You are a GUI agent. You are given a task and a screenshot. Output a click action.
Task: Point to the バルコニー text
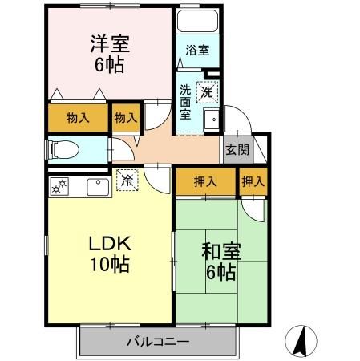[x=157, y=343]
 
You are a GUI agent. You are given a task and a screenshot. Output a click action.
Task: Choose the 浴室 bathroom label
[x=196, y=51]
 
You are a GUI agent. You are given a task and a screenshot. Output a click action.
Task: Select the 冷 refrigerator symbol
[x=127, y=180]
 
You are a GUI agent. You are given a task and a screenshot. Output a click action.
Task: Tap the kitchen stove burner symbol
[x=59, y=188]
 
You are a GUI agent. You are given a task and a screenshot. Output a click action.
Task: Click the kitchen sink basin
[x=98, y=188]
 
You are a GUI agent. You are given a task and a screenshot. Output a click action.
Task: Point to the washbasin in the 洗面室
[x=211, y=121]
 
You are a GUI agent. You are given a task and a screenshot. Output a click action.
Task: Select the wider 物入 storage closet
[x=77, y=118]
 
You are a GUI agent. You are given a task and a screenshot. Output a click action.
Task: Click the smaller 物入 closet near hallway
[x=125, y=118]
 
